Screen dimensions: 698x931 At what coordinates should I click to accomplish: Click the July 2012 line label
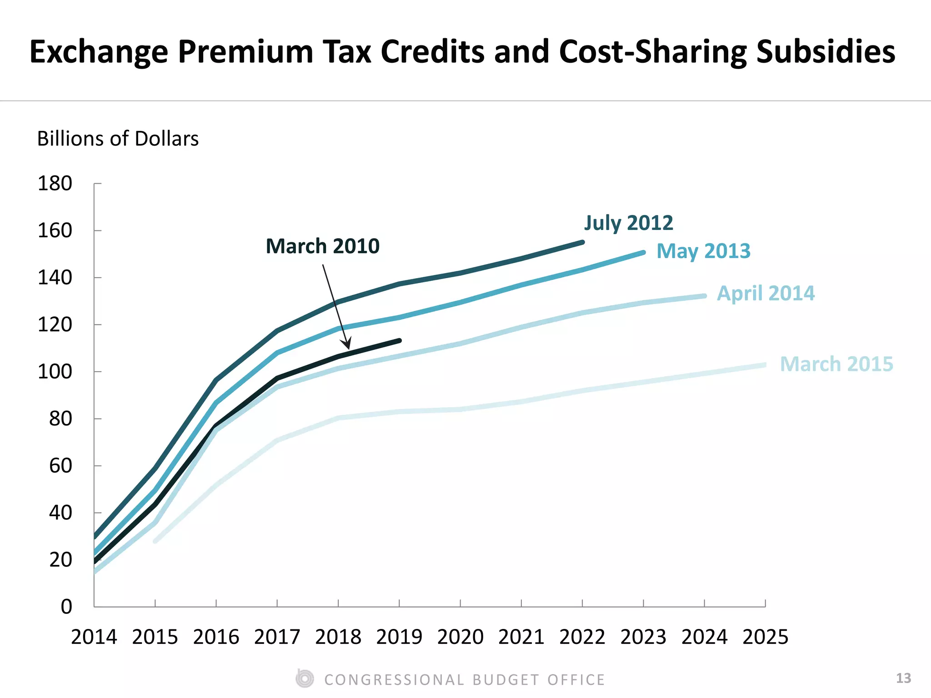click(x=628, y=223)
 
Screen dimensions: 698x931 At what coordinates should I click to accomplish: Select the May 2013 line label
click(x=703, y=251)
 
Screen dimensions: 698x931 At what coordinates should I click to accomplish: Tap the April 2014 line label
click(x=766, y=293)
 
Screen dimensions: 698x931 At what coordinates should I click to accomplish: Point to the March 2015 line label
click(x=836, y=364)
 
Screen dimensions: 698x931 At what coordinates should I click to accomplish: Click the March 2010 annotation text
click(x=322, y=246)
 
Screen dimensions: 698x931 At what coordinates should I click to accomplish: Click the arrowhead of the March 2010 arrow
click(x=348, y=347)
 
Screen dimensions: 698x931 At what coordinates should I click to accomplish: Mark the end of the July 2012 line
click(x=582, y=243)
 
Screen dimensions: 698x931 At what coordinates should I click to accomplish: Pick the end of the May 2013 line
click(x=643, y=253)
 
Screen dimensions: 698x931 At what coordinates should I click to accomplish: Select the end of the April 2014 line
click(x=705, y=296)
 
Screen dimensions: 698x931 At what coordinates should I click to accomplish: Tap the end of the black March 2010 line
click(x=399, y=340)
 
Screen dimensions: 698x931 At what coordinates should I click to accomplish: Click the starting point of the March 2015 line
click(x=155, y=541)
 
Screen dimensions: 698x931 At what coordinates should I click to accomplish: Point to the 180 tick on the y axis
click(x=97, y=184)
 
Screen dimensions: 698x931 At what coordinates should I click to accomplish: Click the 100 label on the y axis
click(x=55, y=372)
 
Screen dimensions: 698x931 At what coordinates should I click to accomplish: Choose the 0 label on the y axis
click(x=66, y=607)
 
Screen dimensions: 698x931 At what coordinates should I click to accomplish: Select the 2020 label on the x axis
click(x=460, y=637)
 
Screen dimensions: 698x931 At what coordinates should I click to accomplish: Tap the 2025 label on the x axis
click(x=765, y=637)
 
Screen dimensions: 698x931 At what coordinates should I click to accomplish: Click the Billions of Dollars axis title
click(x=118, y=139)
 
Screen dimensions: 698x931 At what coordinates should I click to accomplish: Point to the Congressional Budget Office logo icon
click(x=305, y=679)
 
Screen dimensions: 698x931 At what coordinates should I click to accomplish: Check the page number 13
click(x=903, y=678)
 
